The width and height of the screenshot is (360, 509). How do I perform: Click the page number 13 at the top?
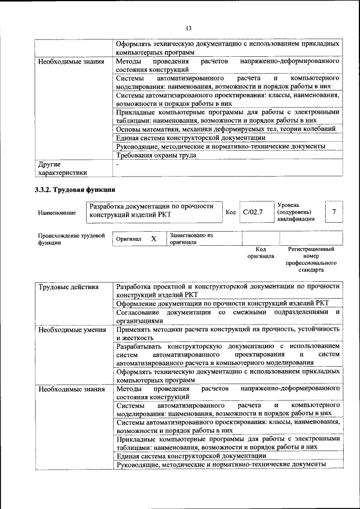point(188,28)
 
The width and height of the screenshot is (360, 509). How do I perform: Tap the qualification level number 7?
point(334,212)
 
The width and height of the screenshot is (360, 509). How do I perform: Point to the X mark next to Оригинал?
point(154,239)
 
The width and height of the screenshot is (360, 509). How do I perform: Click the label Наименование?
point(57,213)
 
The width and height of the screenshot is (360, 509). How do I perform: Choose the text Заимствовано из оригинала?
point(191,239)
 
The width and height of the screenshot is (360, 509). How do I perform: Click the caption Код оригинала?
point(260,253)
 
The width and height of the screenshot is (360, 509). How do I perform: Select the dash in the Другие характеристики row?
point(118,165)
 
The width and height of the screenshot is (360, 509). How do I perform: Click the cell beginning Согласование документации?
point(227,316)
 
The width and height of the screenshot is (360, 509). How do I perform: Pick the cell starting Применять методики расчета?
point(227,334)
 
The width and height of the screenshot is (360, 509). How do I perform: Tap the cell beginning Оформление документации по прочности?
point(226,302)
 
